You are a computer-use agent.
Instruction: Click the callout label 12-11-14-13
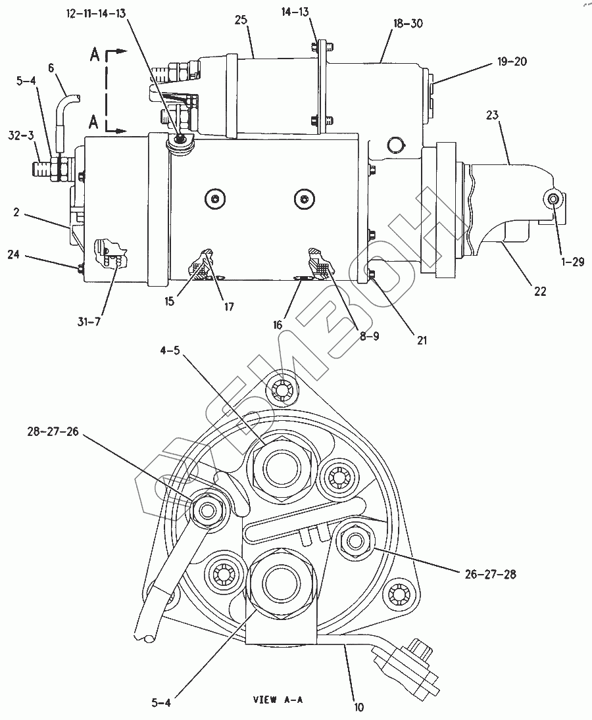click(x=96, y=13)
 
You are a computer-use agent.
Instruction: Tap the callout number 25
click(x=241, y=20)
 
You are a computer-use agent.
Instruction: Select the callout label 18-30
click(x=408, y=23)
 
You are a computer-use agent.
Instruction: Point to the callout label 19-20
click(x=512, y=61)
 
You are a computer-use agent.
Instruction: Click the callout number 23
click(x=492, y=115)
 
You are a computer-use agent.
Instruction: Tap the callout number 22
click(x=540, y=291)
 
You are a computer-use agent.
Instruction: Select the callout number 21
click(x=422, y=340)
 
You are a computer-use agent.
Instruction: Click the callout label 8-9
click(x=369, y=336)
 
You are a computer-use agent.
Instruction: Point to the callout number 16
click(x=278, y=325)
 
